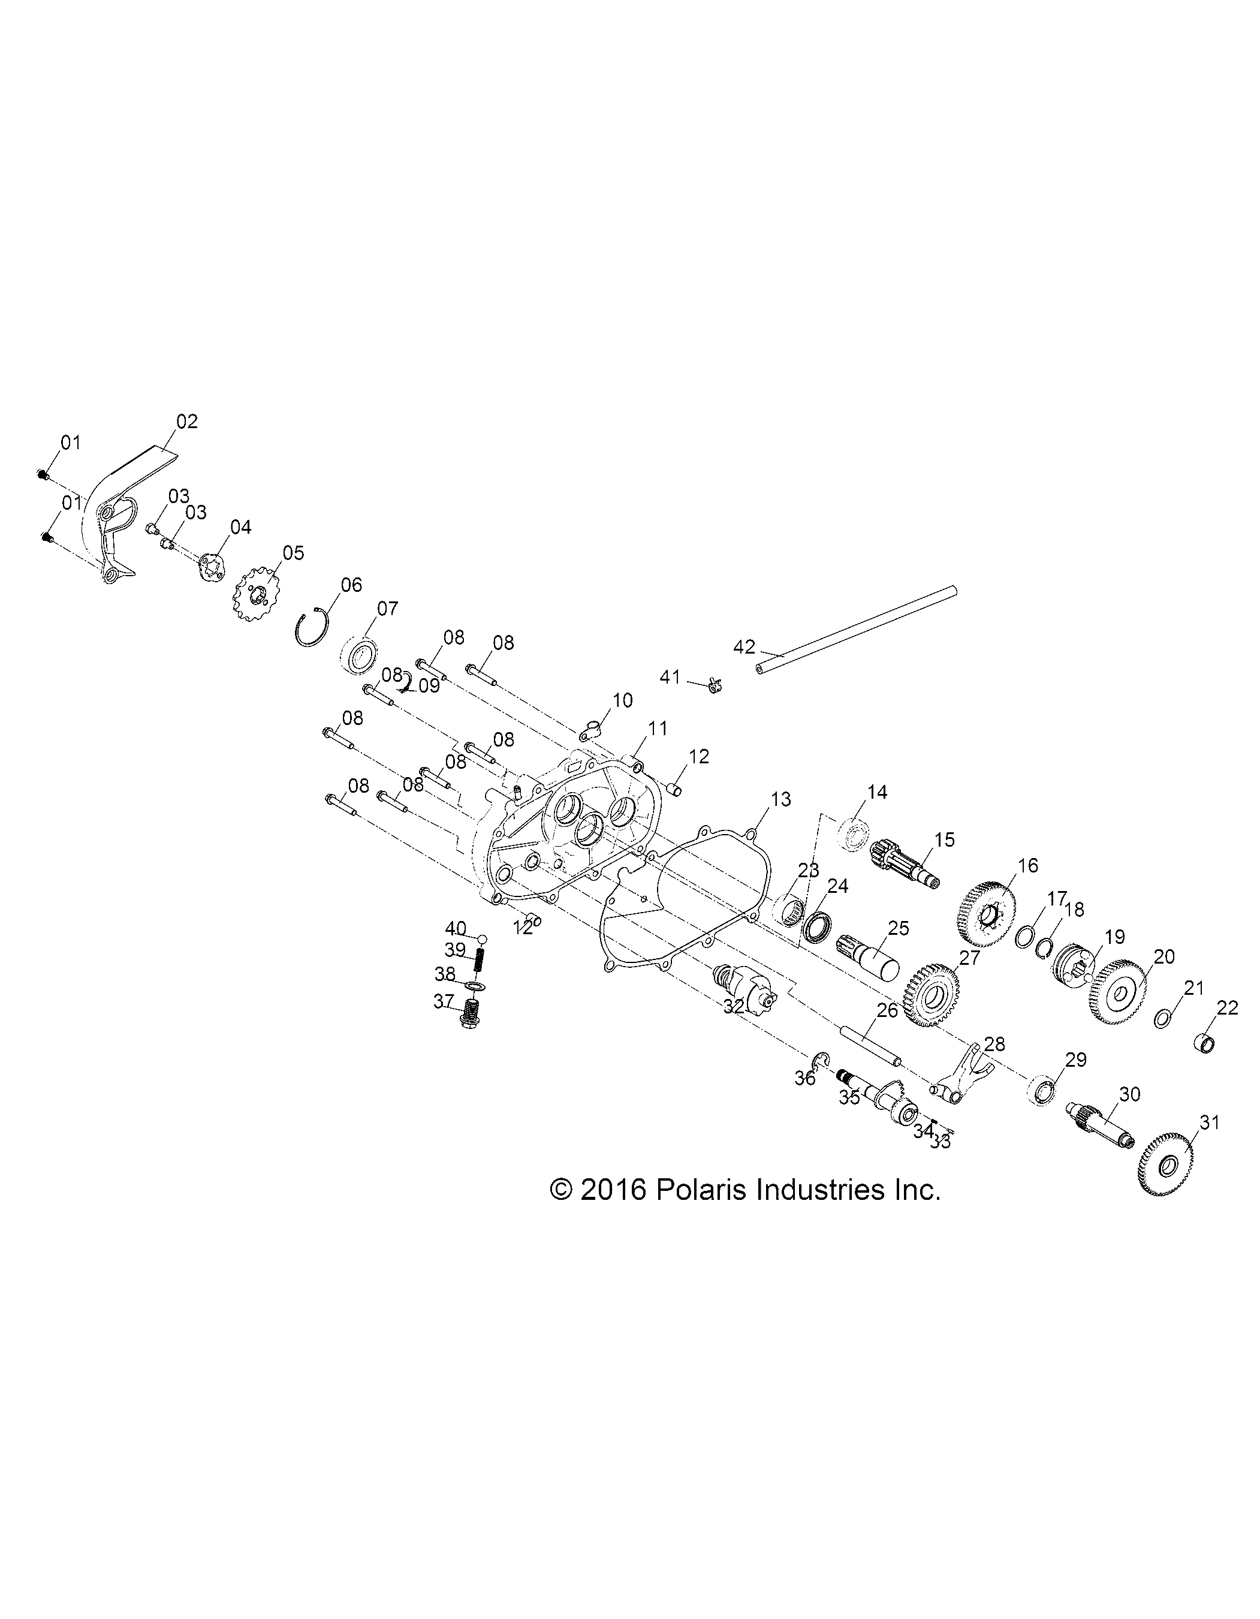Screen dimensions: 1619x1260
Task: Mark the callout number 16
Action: coord(1028,865)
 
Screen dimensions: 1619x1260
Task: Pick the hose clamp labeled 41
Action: coord(713,684)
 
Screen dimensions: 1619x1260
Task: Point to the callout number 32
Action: coord(734,1006)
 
